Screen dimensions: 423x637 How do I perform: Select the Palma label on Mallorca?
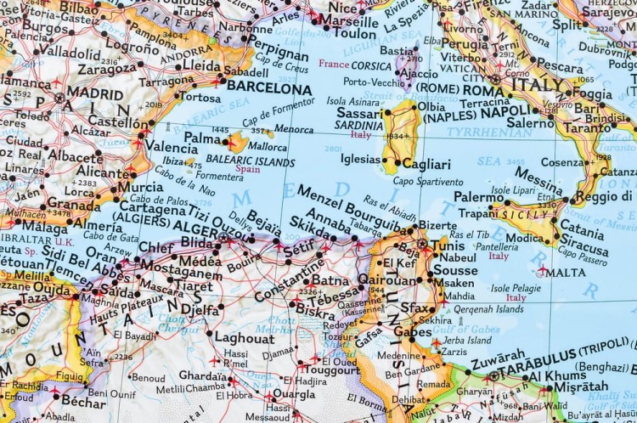click(203, 138)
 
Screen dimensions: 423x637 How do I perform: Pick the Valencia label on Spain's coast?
click(171, 146)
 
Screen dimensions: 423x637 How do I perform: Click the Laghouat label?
click(245, 336)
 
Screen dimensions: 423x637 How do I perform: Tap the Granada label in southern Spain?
click(74, 204)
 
